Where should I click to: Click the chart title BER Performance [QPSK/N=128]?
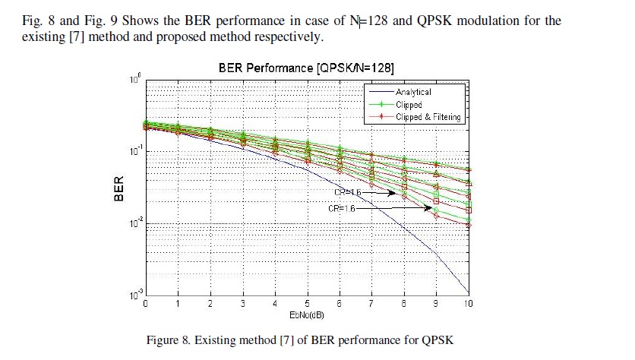(305, 68)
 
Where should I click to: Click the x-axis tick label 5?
(307, 303)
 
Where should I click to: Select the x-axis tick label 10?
(467, 303)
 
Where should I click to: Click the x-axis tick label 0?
(146, 303)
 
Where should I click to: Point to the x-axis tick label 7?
(371, 303)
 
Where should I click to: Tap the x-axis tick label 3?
(242, 303)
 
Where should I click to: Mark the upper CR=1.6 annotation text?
(347, 193)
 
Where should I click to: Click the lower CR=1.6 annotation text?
(340, 207)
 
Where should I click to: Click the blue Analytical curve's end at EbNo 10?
(468, 292)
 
